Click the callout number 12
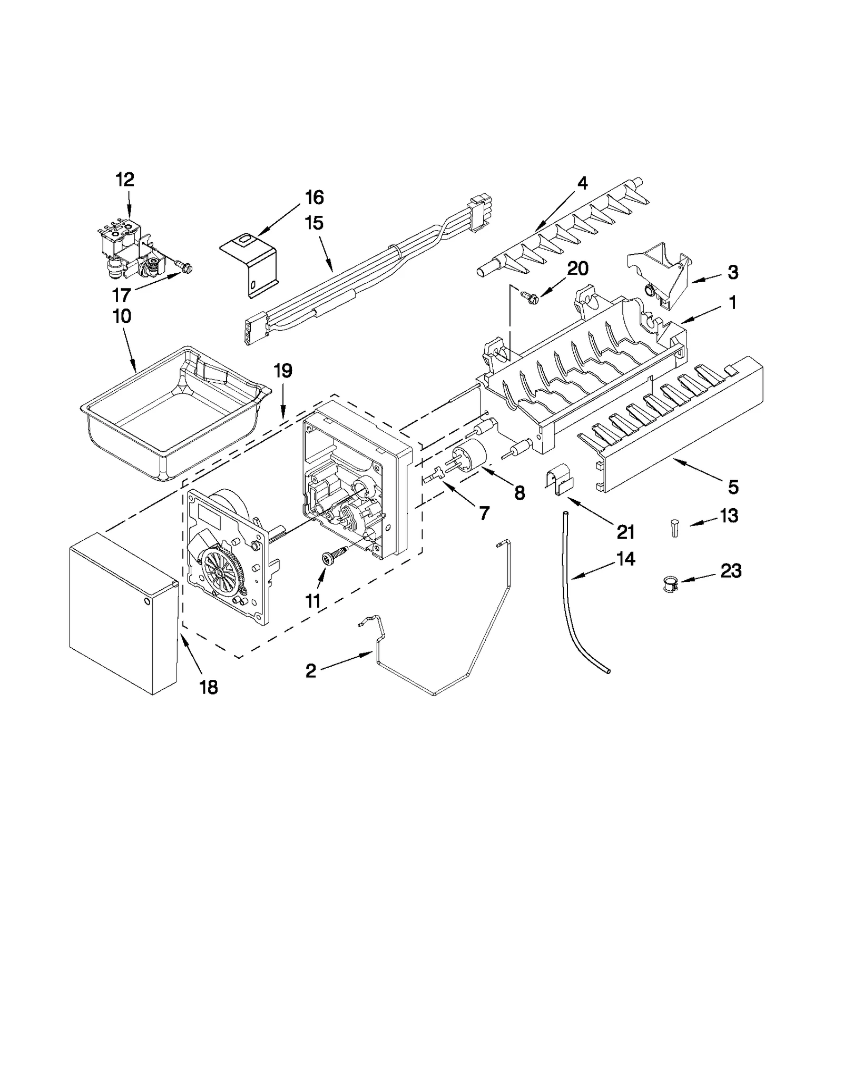coord(125,180)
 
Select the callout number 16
coord(314,197)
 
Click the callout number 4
coord(582,183)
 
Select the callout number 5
coord(733,487)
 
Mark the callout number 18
coord(209,687)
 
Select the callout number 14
coord(625,559)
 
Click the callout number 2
coord(311,671)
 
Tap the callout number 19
coord(283,371)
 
